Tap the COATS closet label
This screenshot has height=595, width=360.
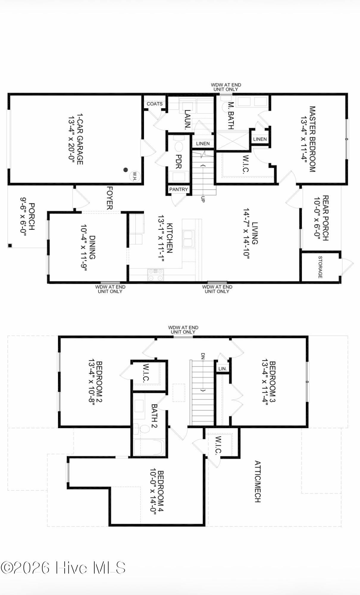click(154, 104)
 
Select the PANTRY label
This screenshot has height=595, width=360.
click(179, 189)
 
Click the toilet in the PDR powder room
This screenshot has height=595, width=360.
click(179, 147)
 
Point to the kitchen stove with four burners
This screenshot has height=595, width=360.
click(156, 275)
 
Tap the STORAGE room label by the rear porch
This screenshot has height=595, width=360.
click(320, 267)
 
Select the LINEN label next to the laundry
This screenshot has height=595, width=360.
click(203, 143)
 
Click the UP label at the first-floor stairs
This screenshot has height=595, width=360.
click(203, 199)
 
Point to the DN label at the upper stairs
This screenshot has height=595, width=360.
click(203, 356)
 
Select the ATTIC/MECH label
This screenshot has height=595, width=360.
click(258, 481)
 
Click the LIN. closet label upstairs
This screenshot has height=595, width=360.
click(223, 369)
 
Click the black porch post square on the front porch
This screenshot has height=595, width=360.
click(10, 245)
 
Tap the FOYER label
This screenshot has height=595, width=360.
click(109, 198)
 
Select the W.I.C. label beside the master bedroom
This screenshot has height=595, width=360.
click(246, 164)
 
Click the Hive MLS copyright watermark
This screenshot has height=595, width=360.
click(63, 568)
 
